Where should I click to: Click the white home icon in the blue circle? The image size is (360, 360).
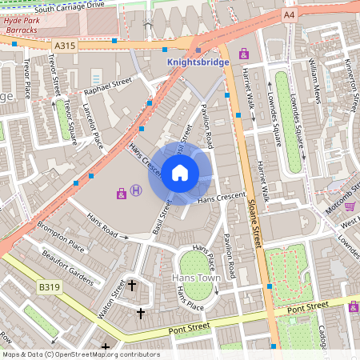180,173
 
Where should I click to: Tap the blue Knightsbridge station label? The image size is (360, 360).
198,62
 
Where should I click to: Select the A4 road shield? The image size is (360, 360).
289,15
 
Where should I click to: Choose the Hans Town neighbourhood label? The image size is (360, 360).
196,278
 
